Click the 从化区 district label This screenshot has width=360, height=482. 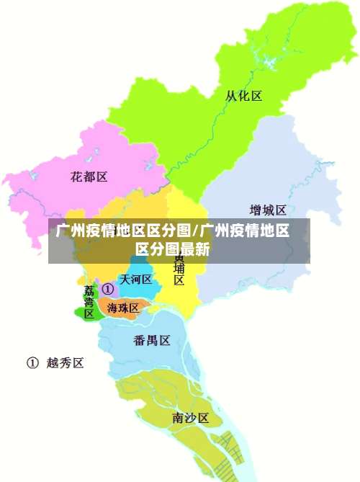coord(243,96)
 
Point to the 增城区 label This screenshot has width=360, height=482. coord(268,210)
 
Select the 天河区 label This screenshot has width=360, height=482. coord(135,280)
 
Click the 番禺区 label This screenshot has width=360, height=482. coord(152,340)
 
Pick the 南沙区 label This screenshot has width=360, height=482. coord(190,418)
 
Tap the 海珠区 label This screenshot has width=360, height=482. coord(123,308)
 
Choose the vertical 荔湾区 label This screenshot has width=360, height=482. coord(89,302)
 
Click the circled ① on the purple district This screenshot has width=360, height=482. coord(108,289)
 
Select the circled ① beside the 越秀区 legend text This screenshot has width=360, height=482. coord(32,363)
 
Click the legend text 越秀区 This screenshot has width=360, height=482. coord(66,363)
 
